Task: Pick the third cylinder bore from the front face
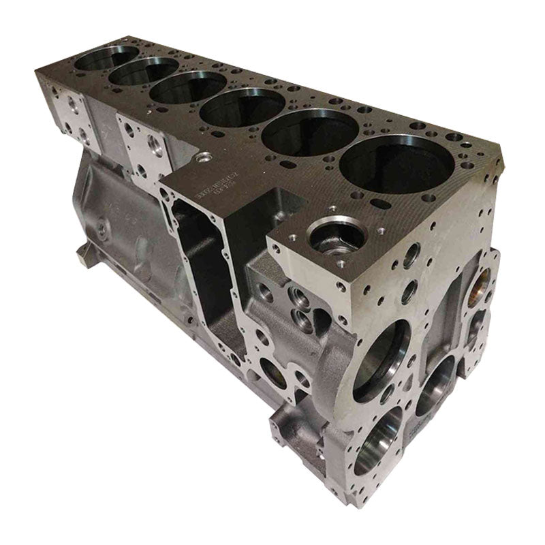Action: point(243,107)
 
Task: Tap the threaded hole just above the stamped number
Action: point(200,158)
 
